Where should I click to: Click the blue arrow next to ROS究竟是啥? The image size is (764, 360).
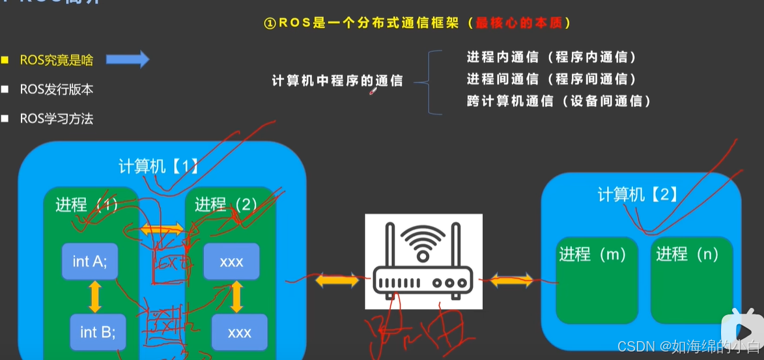click(127, 60)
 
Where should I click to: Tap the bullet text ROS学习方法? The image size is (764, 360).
click(57, 118)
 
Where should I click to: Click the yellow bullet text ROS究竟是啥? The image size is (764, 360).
click(57, 60)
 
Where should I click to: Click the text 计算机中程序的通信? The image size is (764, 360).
click(337, 81)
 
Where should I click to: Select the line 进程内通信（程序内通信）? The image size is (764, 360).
click(551, 57)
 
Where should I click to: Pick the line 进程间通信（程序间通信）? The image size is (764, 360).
click(551, 79)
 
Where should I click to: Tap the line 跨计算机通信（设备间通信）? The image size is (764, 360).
click(558, 101)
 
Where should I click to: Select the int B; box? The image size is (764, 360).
click(98, 332)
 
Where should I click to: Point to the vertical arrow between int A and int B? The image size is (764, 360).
click(95, 297)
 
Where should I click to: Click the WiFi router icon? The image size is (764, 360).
click(423, 260)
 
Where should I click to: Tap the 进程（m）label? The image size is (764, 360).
click(591, 255)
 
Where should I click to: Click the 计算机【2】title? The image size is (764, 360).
click(638, 194)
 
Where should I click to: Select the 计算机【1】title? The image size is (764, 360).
click(158, 166)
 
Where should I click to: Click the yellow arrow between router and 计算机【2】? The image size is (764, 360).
click(511, 281)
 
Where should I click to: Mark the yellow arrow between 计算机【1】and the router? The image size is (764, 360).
click(337, 281)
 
